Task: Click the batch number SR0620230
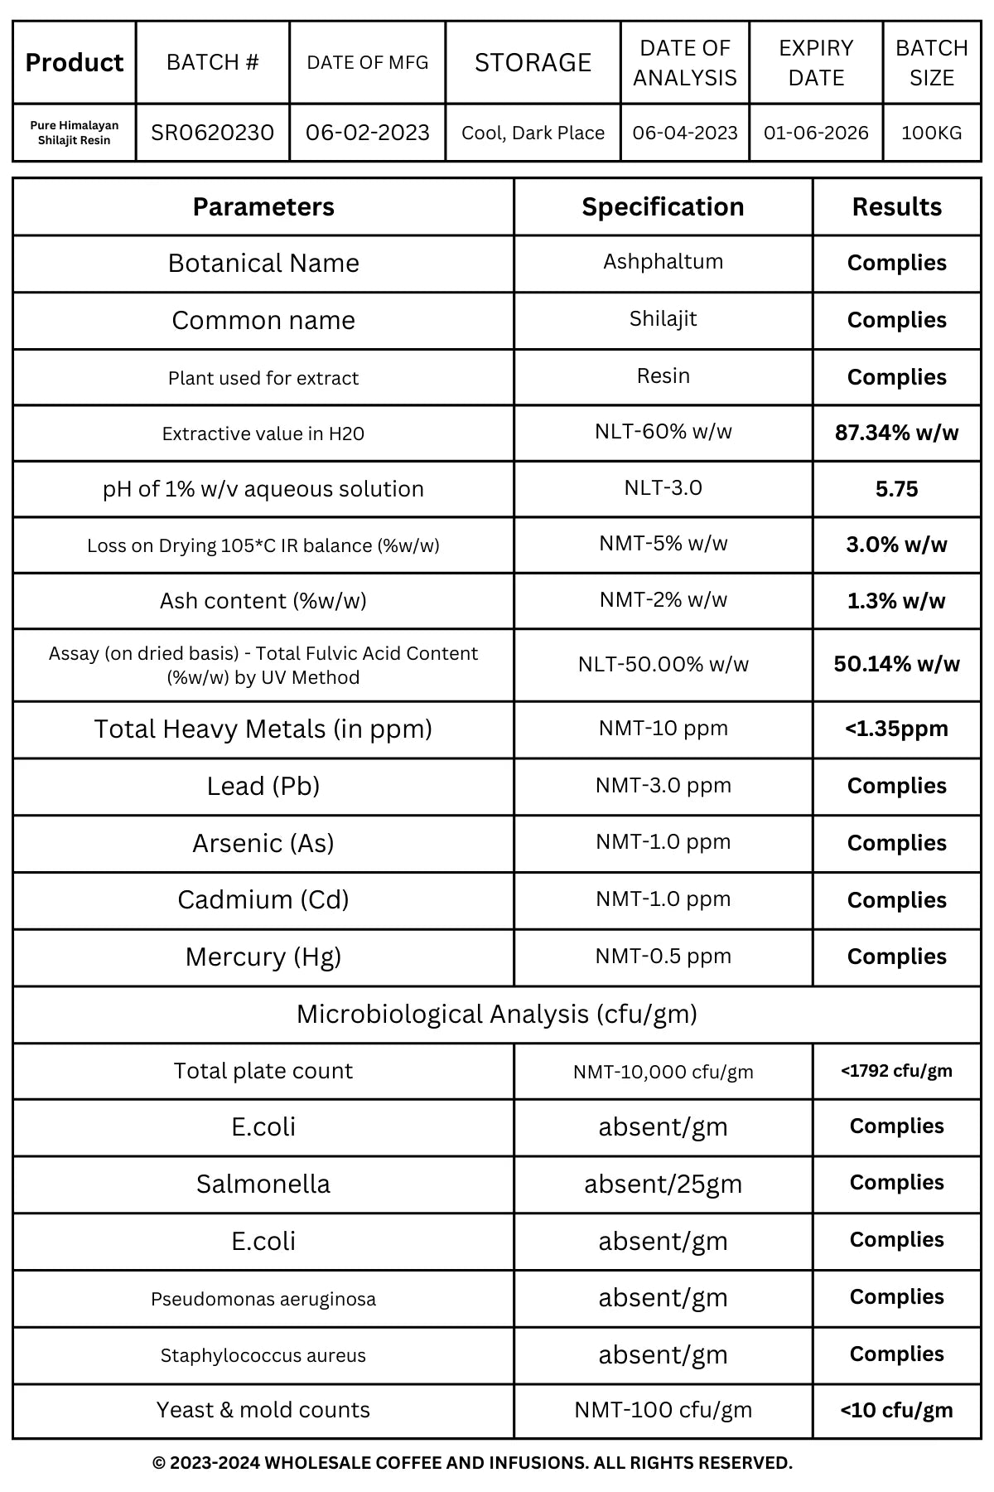(212, 133)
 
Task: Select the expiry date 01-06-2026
(816, 133)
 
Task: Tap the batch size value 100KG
(931, 133)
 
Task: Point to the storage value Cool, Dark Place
(533, 133)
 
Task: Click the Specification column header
(663, 206)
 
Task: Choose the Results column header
(896, 206)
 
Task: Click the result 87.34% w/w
(896, 432)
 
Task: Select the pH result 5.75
(896, 489)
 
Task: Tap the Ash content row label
(263, 600)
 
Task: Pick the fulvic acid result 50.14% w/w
(896, 664)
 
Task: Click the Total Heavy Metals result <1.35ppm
(896, 729)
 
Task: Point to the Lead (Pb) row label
(263, 786)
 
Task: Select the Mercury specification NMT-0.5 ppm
(663, 956)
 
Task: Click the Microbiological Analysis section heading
(496, 1014)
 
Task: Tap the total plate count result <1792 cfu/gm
(896, 1070)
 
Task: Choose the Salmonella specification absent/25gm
(663, 1184)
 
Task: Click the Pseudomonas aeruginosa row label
(263, 1299)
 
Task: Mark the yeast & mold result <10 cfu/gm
(896, 1410)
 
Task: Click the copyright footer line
(472, 1463)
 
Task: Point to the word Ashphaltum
(663, 261)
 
